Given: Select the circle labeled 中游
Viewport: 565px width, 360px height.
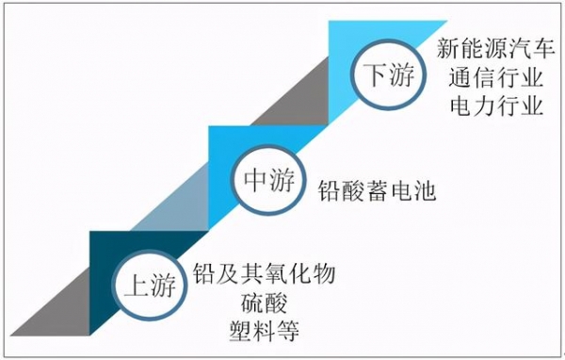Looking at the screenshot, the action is point(267,179).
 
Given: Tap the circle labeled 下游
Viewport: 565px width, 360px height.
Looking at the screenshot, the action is point(386,75).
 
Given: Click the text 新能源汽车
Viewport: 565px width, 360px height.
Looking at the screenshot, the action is point(492,49).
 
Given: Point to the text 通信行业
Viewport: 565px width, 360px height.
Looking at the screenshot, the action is point(492,77).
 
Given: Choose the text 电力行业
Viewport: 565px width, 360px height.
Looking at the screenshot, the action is point(492,106).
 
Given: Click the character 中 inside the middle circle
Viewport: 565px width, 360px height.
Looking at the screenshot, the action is point(254,179).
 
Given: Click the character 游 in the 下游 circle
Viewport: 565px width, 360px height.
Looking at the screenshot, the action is point(399,75).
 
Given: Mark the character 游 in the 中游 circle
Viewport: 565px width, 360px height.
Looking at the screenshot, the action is point(281,179).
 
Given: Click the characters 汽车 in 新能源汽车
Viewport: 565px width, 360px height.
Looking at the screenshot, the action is point(527,49).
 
